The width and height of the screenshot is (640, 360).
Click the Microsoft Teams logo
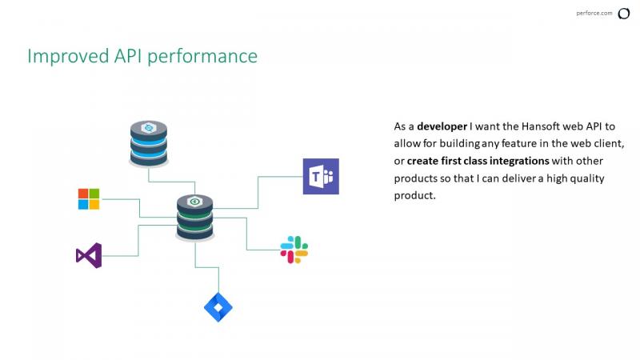click(x=321, y=176)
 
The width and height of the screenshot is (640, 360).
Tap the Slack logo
click(x=294, y=250)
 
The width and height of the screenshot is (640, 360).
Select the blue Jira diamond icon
click(x=218, y=307)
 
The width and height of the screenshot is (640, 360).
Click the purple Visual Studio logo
click(x=89, y=255)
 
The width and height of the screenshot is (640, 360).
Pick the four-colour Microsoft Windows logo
click(x=89, y=199)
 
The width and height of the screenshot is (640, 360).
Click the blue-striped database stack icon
click(x=149, y=144)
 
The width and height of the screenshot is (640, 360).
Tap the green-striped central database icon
click(x=194, y=218)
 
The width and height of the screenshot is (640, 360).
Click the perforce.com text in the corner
click(x=594, y=13)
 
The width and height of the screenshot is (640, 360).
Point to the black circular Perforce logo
click(x=624, y=14)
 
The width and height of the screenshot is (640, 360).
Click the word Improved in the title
click(x=68, y=56)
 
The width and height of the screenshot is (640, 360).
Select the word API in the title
click(x=128, y=55)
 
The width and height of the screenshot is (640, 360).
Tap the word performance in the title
click(x=202, y=57)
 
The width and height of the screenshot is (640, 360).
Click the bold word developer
click(x=442, y=127)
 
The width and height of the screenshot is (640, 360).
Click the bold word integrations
click(x=519, y=162)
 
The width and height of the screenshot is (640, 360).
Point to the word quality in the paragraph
click(x=587, y=178)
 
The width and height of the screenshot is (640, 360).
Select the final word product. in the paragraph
click(x=414, y=196)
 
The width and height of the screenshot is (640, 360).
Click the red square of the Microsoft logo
click(x=83, y=194)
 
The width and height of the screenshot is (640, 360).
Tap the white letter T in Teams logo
click(x=315, y=177)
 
